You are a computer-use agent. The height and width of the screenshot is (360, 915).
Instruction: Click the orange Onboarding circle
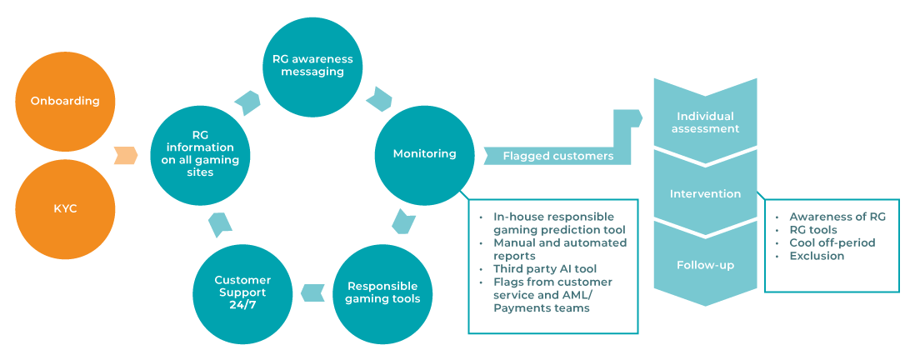pyautogui.click(x=65, y=102)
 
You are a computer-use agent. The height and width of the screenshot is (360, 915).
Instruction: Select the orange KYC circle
pyautogui.click(x=65, y=208)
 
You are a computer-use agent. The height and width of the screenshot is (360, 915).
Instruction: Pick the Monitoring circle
pyautogui.click(x=425, y=153)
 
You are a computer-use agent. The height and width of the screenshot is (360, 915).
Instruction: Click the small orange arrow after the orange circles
pyautogui.click(x=125, y=155)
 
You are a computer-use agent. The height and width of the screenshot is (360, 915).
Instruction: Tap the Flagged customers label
pyautogui.click(x=557, y=156)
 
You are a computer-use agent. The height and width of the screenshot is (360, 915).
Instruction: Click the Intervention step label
pyautogui.click(x=705, y=193)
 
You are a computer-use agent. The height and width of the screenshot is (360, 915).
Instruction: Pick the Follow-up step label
pyautogui.click(x=705, y=265)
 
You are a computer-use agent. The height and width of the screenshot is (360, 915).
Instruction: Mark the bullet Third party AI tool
pyautogui.click(x=539, y=269)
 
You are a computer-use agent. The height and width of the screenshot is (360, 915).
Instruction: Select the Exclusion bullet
pyautogui.click(x=817, y=256)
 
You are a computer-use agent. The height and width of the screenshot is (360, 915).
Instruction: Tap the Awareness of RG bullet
pyautogui.click(x=837, y=217)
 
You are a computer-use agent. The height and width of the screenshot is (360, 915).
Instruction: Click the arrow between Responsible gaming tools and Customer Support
pyautogui.click(x=312, y=292)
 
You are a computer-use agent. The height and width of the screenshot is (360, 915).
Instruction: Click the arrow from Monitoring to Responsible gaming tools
pyautogui.click(x=403, y=222)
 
